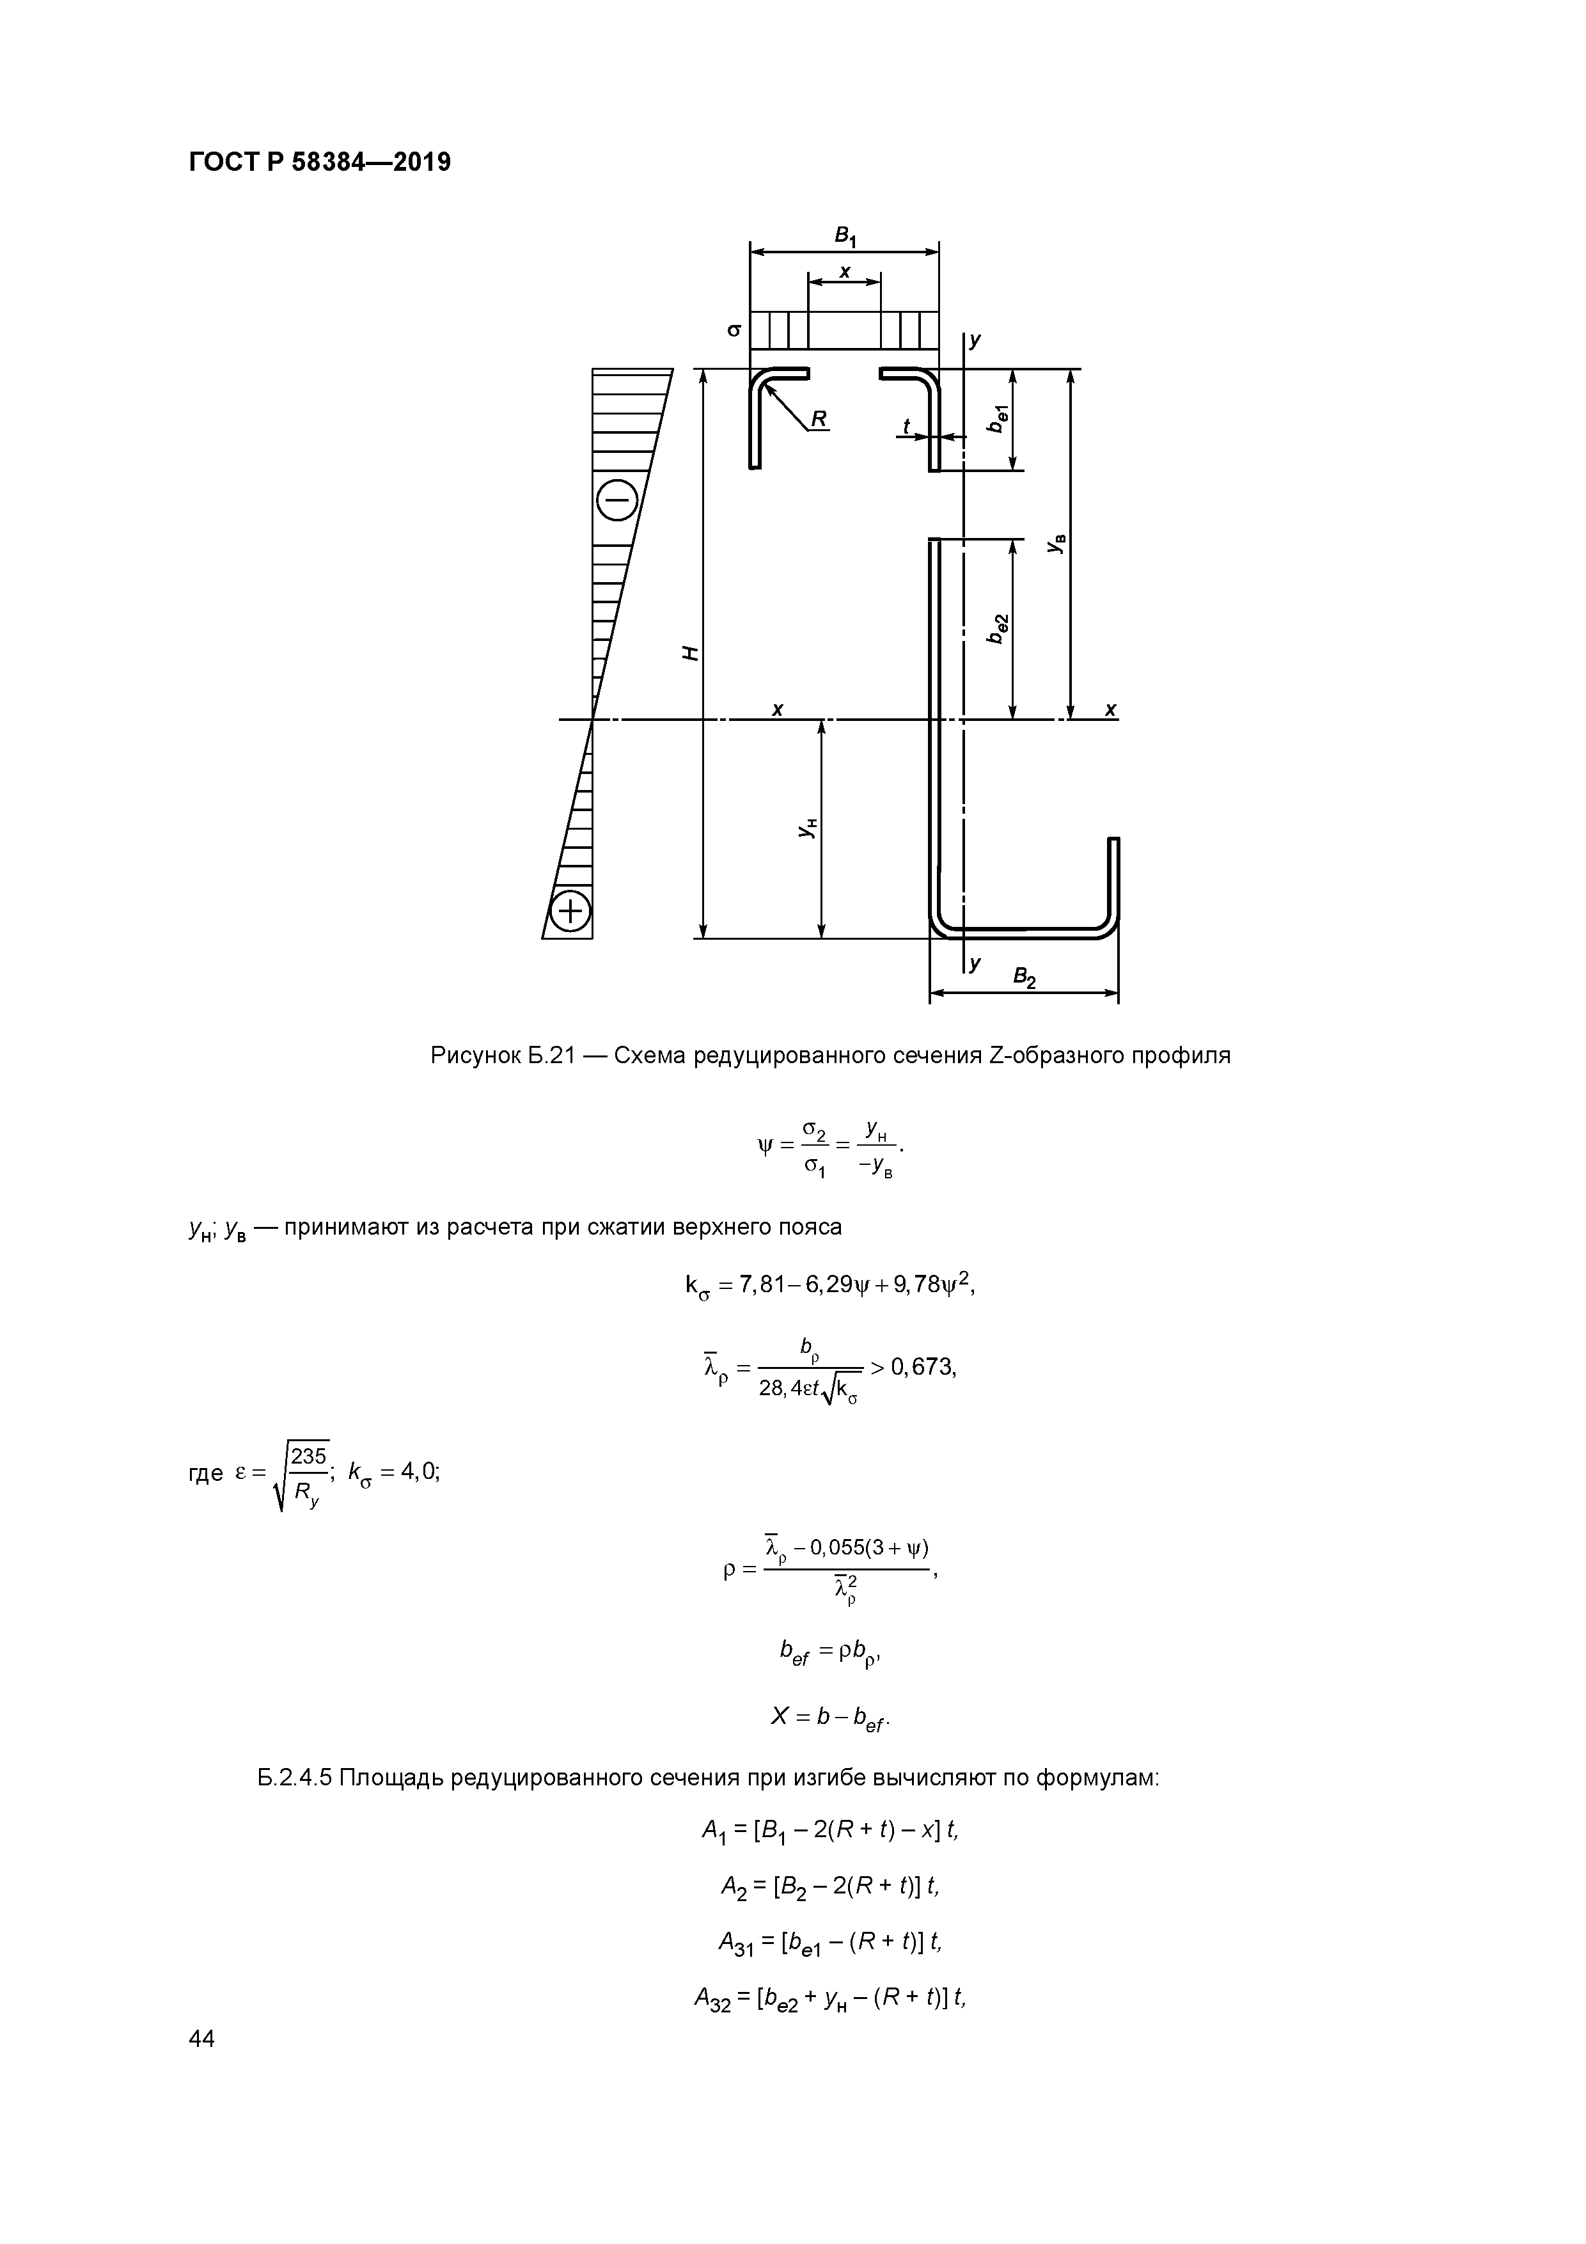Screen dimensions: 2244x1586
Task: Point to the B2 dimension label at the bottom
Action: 1023,976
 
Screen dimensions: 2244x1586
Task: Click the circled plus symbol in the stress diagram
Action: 570,912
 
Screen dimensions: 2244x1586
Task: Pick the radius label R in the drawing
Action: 818,418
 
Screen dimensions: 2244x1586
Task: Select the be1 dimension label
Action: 998,418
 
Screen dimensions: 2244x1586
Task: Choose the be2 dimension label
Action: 998,628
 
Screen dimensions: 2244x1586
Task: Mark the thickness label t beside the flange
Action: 906,426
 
